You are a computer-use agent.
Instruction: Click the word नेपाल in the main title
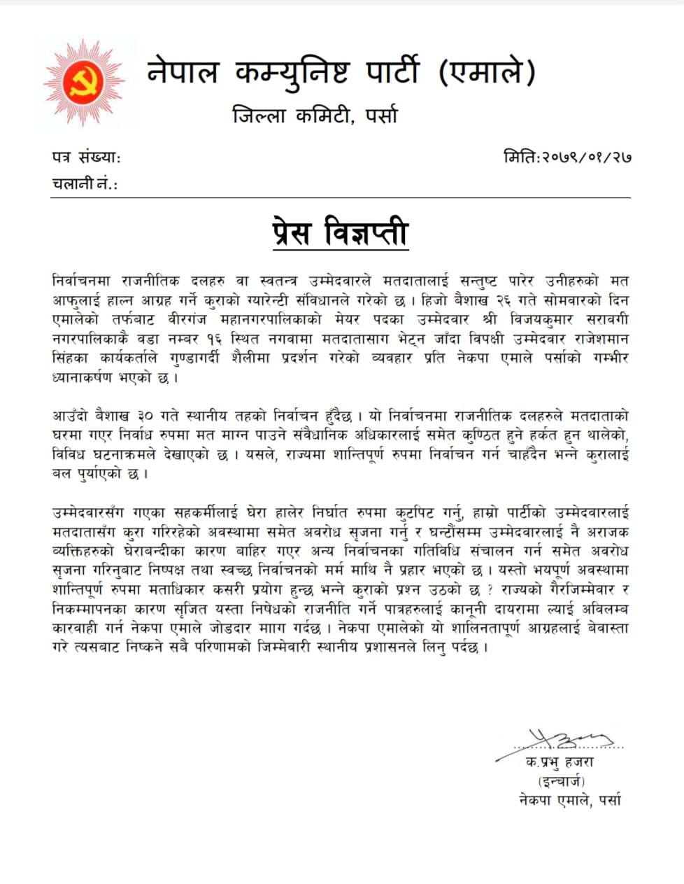coord(183,71)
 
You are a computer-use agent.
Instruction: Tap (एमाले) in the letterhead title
coord(487,71)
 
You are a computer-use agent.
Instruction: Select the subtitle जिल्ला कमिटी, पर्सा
coord(315,115)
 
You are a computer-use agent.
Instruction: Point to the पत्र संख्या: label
coord(86,157)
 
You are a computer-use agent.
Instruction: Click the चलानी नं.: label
coord(85,184)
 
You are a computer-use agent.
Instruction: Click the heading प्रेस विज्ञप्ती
coord(340,234)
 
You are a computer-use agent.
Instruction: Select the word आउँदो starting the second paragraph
coord(70,416)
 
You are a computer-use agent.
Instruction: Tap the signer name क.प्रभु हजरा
coord(560,762)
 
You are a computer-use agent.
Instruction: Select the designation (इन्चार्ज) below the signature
coord(561,781)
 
